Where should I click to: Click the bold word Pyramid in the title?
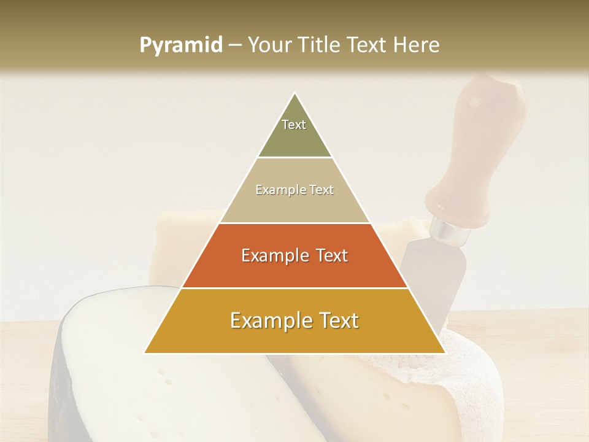click(181, 45)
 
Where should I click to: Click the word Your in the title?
click(268, 45)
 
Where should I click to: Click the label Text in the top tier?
click(294, 125)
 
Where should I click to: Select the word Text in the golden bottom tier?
click(334, 320)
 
